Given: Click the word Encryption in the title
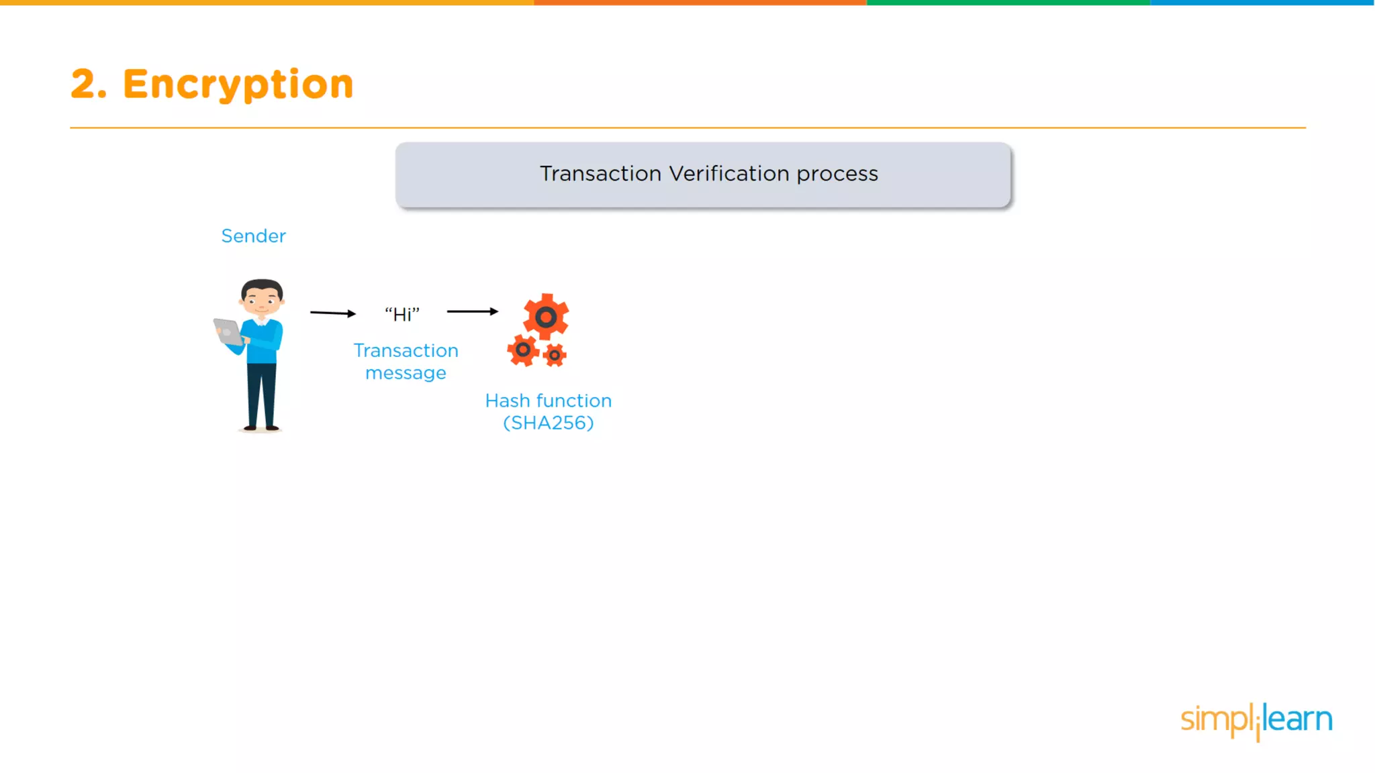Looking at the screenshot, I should pyautogui.click(x=238, y=85).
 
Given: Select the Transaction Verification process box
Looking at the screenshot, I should pyautogui.click(x=703, y=174).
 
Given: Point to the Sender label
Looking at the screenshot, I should pyautogui.click(x=253, y=236).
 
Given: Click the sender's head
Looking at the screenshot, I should pyautogui.click(x=262, y=297).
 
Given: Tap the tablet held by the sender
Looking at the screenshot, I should pyautogui.click(x=228, y=331).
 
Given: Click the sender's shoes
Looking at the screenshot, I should pyautogui.click(x=261, y=427).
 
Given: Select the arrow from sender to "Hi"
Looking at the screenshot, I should pyautogui.click(x=332, y=313).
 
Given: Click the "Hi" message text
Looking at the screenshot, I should pyautogui.click(x=401, y=315).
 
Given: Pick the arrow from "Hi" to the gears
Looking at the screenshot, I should pyautogui.click(x=472, y=311).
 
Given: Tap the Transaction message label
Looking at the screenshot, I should pyautogui.click(x=406, y=362).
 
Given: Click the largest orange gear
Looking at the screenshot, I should pyautogui.click(x=546, y=317).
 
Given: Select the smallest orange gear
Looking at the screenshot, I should pyautogui.click(x=555, y=355).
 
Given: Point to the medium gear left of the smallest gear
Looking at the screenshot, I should pyautogui.click(x=522, y=350).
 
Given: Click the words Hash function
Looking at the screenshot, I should pyautogui.click(x=549, y=401).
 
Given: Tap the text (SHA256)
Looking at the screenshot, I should pyautogui.click(x=549, y=423).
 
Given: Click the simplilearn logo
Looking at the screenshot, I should pyautogui.click(x=1256, y=721).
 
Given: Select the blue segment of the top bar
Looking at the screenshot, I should pyautogui.click(x=1262, y=3).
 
